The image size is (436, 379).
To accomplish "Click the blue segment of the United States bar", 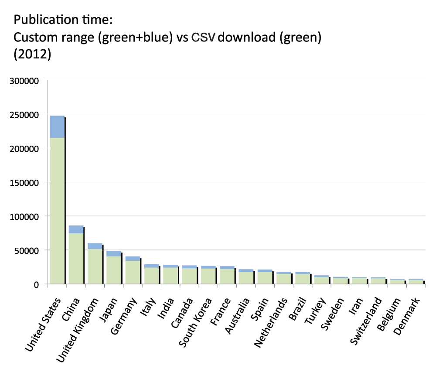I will pyautogui.click(x=57, y=126).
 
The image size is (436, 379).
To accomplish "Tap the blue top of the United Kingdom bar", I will pyautogui.click(x=95, y=246).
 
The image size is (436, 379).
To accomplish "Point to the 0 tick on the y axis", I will pyautogui.click(x=37, y=284).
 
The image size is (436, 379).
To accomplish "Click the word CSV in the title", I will pyautogui.click(x=203, y=38).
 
